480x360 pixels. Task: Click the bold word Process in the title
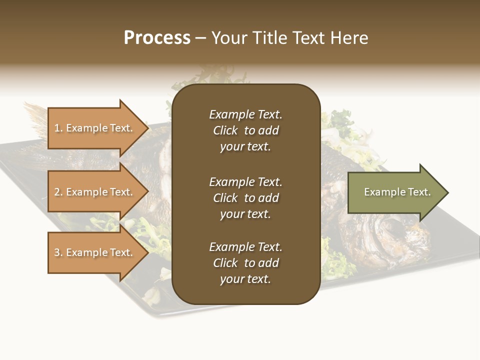pyautogui.click(x=157, y=38)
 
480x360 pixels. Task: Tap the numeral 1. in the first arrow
pyautogui.click(x=58, y=128)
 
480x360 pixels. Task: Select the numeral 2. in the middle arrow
pyautogui.click(x=58, y=192)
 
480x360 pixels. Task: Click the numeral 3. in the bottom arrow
pyautogui.click(x=58, y=253)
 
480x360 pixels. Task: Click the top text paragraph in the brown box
pyautogui.click(x=245, y=130)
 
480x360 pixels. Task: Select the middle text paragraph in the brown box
pyautogui.click(x=245, y=198)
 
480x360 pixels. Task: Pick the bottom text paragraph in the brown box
pyautogui.click(x=245, y=263)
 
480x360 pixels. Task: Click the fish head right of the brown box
pyautogui.click(x=385, y=235)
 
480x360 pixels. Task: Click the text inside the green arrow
pyautogui.click(x=397, y=192)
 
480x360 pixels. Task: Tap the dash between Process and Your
pyautogui.click(x=201, y=38)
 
